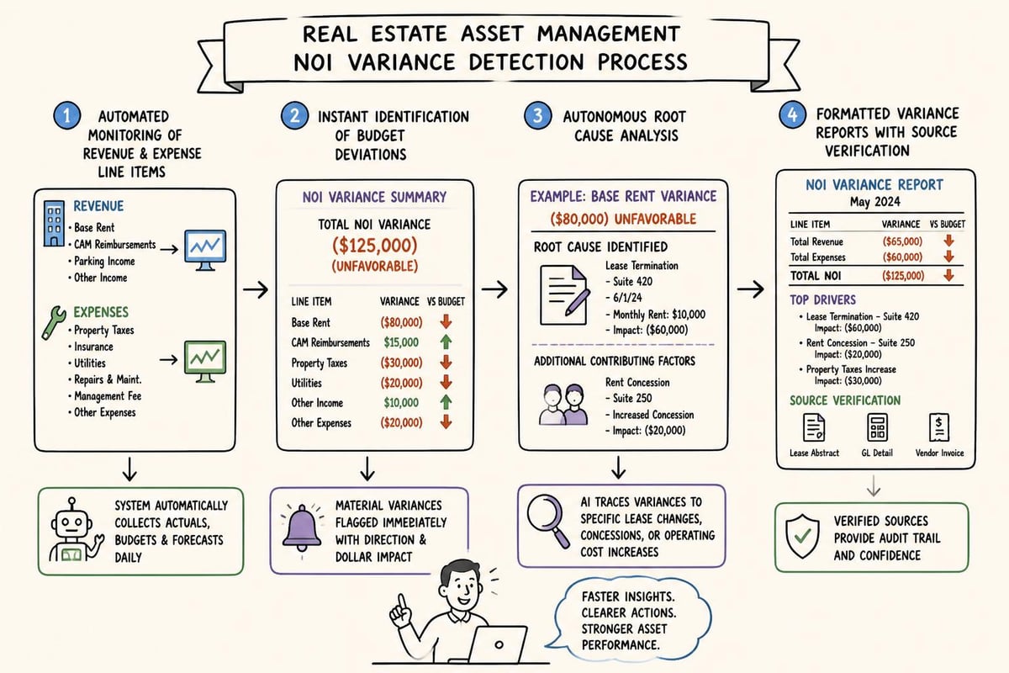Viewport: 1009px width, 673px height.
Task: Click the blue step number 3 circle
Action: pyautogui.click(x=538, y=115)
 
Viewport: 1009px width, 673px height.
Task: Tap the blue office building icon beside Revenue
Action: pyautogui.click(x=54, y=224)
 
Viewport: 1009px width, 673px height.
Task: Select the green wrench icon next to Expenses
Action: pyautogui.click(x=54, y=322)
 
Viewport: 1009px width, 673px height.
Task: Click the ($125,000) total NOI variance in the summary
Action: pyautogui.click(x=375, y=245)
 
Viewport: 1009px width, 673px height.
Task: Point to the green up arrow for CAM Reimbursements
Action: pyautogui.click(x=446, y=342)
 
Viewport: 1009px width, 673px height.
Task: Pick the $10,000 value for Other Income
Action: pyautogui.click(x=401, y=402)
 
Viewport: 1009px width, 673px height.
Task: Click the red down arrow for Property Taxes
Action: pyautogui.click(x=446, y=362)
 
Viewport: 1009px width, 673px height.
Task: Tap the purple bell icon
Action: pyautogui.click(x=301, y=527)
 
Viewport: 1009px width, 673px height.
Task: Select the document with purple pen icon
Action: pyautogui.click(x=565, y=295)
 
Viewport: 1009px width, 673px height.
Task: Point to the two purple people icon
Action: pyautogui.click(x=563, y=405)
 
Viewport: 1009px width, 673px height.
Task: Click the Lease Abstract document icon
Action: pyautogui.click(x=814, y=427)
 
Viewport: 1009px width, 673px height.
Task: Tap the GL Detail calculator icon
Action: pyautogui.click(x=877, y=427)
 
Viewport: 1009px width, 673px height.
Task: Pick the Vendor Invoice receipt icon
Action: pyautogui.click(x=939, y=427)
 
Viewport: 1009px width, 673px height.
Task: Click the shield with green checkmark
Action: pyautogui.click(x=802, y=537)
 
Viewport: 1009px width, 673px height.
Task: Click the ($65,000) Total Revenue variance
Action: pyautogui.click(x=902, y=241)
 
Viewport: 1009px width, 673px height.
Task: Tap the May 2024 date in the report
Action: pyautogui.click(x=874, y=202)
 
